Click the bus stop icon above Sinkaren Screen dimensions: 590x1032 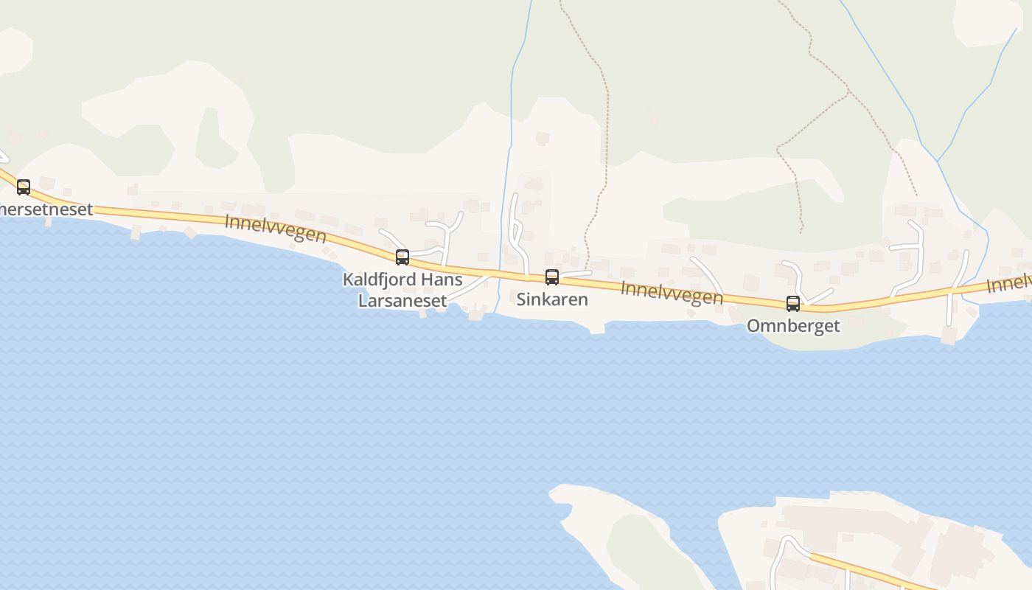click(551, 277)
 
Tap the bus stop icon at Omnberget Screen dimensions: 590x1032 click(792, 303)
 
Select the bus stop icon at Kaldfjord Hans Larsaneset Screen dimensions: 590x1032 click(402, 257)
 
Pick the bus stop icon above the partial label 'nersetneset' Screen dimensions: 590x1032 click(24, 187)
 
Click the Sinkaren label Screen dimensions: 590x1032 click(552, 299)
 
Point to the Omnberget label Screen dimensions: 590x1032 click(793, 325)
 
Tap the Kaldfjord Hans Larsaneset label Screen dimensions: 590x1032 click(402, 290)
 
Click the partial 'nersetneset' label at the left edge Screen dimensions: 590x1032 click(46, 209)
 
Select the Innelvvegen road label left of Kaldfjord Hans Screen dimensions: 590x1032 click(276, 229)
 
